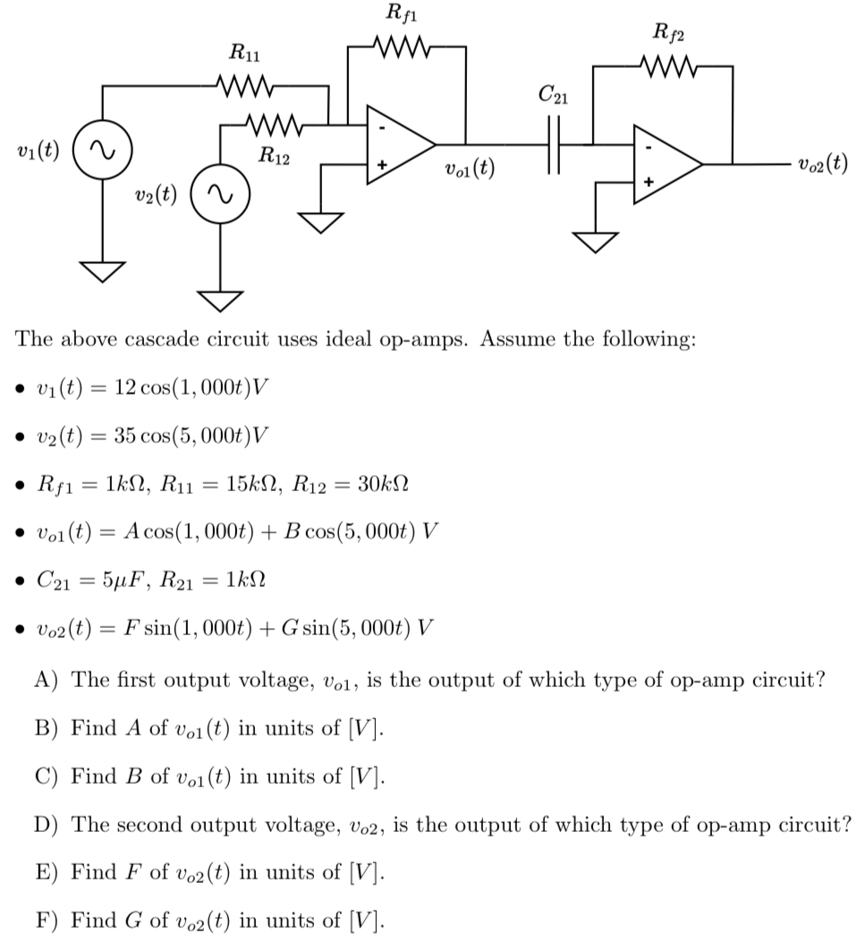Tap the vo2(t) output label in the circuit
(819, 165)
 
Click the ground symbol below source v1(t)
(102, 269)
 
